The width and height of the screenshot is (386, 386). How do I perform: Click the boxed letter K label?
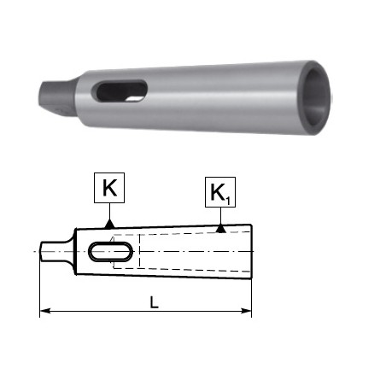tap(109, 188)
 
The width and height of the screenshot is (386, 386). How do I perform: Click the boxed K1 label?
tap(220, 192)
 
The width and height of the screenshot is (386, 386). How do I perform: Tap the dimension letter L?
tap(154, 302)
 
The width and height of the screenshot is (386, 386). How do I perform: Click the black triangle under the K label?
tap(109, 224)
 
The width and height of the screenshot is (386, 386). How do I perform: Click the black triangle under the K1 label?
tap(220, 229)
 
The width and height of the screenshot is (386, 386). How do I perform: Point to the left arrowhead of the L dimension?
tap(44, 311)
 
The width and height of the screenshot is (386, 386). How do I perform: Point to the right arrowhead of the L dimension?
tap(247, 311)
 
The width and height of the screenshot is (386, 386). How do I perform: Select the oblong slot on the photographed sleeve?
tap(120, 91)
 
